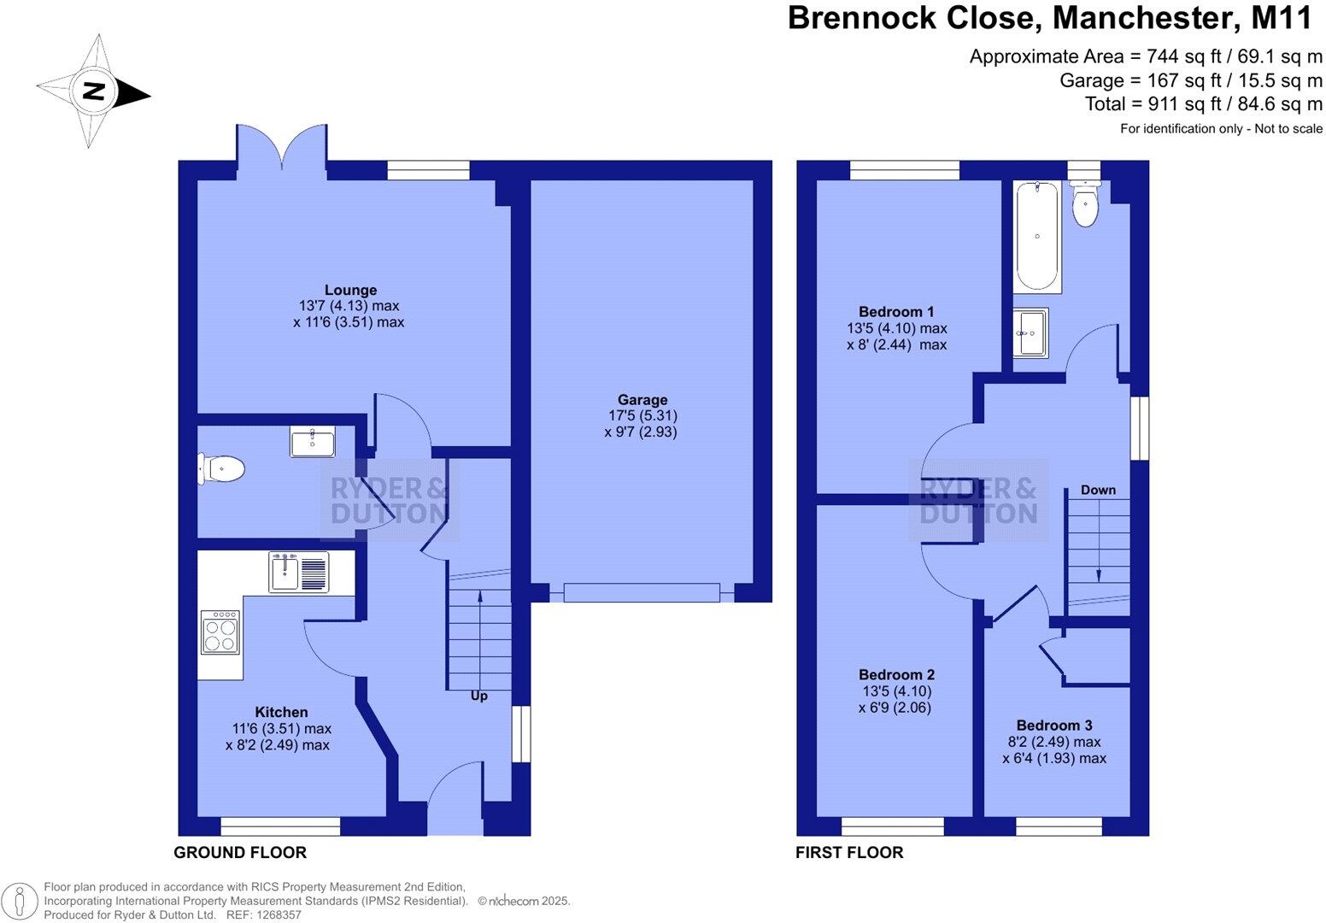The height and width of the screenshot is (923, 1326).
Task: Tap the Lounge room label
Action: (x=350, y=291)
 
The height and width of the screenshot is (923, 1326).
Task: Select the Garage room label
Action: (x=642, y=400)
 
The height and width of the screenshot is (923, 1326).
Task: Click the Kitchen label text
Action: (x=281, y=713)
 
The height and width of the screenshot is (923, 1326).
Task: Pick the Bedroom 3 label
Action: (x=1053, y=726)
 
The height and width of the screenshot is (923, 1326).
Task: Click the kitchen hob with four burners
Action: (x=220, y=632)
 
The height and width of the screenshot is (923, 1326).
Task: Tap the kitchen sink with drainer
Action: (x=298, y=572)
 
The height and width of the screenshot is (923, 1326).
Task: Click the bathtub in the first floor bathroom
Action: (x=1036, y=236)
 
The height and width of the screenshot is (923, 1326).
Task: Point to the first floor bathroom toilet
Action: (x=1085, y=205)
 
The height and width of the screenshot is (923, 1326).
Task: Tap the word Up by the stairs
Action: (x=479, y=697)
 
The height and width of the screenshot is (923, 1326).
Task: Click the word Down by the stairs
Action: (x=1098, y=491)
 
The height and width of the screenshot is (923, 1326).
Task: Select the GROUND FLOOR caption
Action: (x=240, y=853)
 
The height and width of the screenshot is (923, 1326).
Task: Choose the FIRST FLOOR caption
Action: (x=849, y=853)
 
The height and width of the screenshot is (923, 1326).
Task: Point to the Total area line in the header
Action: (x=1203, y=104)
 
